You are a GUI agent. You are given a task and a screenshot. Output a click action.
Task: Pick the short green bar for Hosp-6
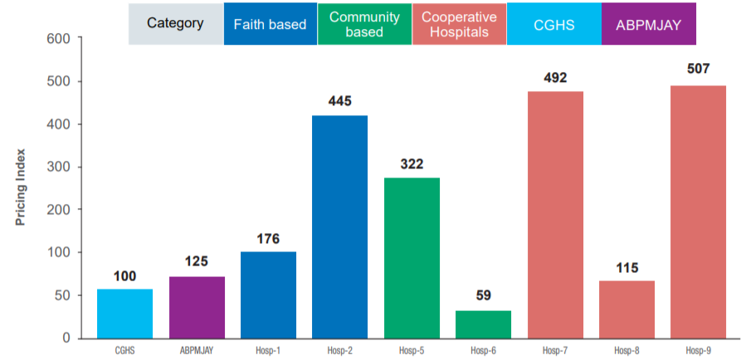[x=483, y=324]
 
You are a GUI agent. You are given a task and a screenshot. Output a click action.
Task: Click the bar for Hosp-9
[x=698, y=212]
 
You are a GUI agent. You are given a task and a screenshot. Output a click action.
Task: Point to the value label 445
[x=339, y=101]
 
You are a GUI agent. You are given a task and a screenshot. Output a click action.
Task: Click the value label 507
[x=698, y=69]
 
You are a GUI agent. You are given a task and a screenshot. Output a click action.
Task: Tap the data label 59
[x=483, y=294]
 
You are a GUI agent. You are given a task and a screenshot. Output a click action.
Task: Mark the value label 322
[x=412, y=164]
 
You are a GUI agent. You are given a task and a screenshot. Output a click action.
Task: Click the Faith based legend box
[x=271, y=24]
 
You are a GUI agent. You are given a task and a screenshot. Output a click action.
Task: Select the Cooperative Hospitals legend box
[x=459, y=24]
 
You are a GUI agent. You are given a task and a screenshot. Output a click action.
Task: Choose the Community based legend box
[x=364, y=24]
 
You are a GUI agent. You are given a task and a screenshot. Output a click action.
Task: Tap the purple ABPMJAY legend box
[x=648, y=24]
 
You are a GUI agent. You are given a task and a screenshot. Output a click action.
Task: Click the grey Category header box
[x=175, y=24]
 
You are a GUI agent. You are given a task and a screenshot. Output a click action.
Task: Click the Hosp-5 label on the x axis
[x=412, y=351]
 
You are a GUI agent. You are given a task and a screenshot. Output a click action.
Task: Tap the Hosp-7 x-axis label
[x=554, y=351]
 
